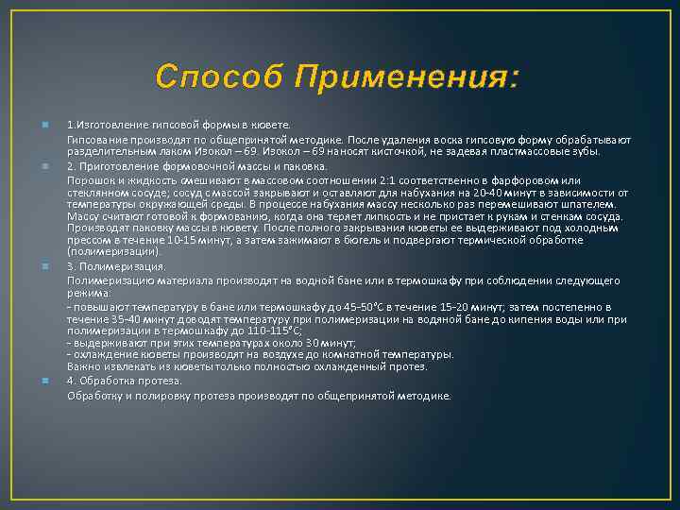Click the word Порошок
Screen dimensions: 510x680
(x=89, y=179)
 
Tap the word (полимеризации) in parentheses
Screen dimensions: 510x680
(x=101, y=252)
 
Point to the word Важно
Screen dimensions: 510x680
(x=83, y=366)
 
